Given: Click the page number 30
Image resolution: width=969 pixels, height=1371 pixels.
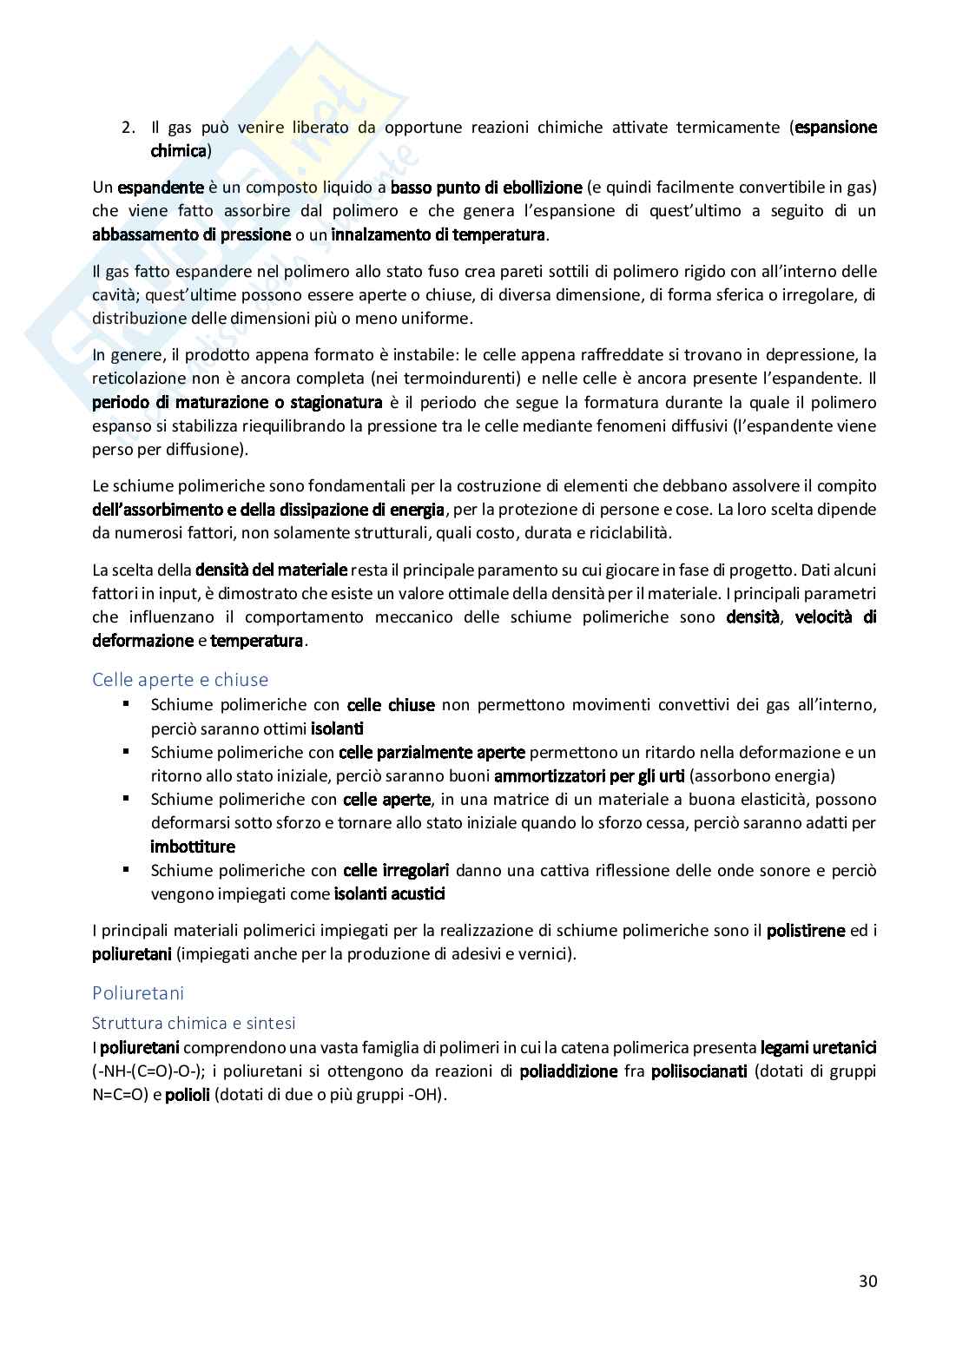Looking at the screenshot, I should (867, 1281).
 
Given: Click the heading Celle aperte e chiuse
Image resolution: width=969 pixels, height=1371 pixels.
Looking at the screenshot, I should (181, 679).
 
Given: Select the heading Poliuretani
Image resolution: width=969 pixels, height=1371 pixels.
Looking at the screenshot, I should (138, 992).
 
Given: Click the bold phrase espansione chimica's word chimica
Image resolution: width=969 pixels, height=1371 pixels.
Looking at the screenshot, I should (179, 151).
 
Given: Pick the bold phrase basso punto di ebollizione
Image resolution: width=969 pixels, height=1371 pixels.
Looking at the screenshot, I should (486, 188).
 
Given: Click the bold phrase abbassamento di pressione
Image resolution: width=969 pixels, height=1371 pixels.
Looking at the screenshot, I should (191, 234).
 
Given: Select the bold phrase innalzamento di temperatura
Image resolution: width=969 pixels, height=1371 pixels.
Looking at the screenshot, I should (438, 234).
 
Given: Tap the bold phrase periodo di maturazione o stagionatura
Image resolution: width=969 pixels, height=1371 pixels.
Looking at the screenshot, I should (237, 403).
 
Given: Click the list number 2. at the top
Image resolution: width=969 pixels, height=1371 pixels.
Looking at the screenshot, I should (129, 128).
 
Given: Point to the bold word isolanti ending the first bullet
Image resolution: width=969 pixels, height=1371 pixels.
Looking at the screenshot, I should (337, 729).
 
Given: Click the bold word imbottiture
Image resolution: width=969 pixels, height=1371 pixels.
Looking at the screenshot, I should (193, 847).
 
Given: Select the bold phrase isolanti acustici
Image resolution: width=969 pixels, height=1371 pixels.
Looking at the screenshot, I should (390, 893).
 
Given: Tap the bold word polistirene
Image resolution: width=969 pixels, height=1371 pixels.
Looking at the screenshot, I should (805, 931).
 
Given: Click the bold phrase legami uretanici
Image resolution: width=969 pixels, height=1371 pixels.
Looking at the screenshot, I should (818, 1048).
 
